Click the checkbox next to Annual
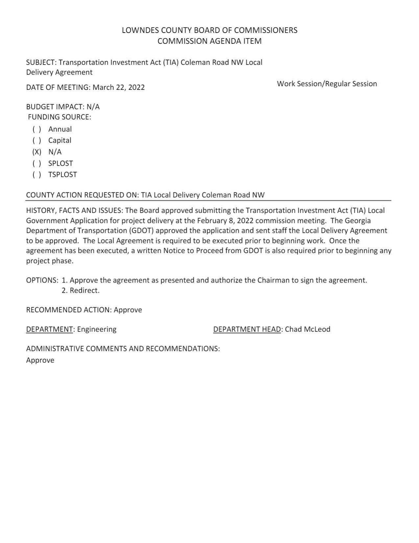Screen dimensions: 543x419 coord(36,129)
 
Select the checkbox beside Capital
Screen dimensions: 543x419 coord(36,140)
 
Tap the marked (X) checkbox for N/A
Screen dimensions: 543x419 coord(36,152)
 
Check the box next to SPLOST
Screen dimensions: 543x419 coord(36,163)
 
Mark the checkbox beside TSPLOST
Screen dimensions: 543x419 coord(36,175)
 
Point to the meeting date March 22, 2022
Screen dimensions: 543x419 coord(119,87)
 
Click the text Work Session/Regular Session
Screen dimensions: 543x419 coord(327,84)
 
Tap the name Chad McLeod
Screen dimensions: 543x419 coord(308,329)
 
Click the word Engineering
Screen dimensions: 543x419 coord(97,329)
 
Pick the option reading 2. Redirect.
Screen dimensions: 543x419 coord(81,290)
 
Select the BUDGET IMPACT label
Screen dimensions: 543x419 coord(55,107)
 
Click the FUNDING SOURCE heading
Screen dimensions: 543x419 coord(59,117)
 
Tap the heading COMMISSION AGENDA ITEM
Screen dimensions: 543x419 coord(209,41)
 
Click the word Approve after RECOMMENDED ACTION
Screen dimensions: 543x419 coord(128,310)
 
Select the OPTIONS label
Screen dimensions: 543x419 coord(42,280)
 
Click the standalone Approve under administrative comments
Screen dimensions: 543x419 coord(40,360)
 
